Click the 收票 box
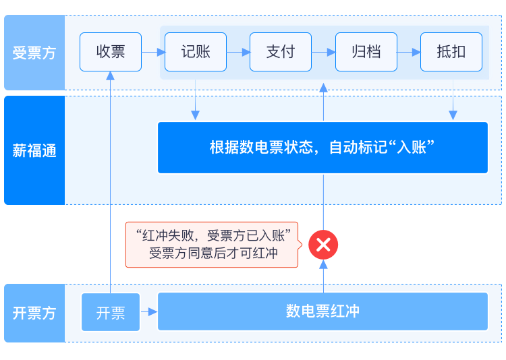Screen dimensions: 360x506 point(111,52)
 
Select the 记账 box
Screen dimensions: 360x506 point(196,52)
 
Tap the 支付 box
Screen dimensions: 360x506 point(281,52)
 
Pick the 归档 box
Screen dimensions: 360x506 point(366,52)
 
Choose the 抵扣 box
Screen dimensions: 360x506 point(451,52)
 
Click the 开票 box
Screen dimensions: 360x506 point(111,312)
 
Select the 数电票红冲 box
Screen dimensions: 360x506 point(322,311)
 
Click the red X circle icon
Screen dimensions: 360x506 point(323,245)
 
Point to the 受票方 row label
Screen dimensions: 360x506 point(34,53)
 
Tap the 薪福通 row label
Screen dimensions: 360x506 point(34,150)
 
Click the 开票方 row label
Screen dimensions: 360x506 point(34,313)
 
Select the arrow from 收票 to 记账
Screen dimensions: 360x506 point(154,52)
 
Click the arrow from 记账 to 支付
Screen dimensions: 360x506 point(238,52)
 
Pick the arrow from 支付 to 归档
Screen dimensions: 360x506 point(324,52)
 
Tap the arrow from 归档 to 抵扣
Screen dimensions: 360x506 point(409,52)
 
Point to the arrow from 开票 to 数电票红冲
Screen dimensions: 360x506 point(149,312)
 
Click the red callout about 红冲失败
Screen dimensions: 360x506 point(212,245)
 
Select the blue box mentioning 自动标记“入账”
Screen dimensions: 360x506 point(322,148)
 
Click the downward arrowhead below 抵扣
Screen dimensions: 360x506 point(453,115)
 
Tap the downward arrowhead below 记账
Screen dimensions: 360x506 point(195,115)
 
